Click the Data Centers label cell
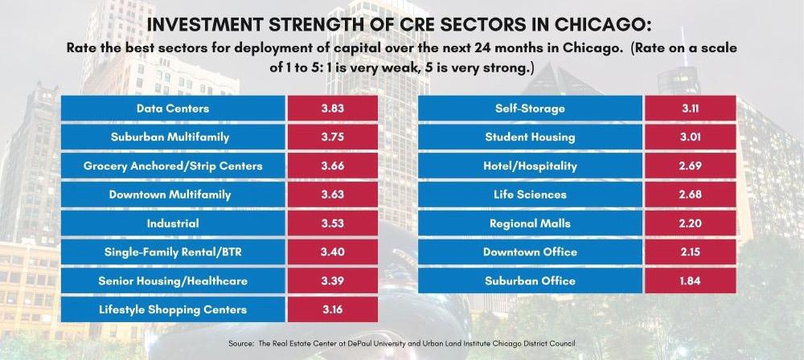click(x=173, y=108)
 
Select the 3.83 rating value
click(x=331, y=108)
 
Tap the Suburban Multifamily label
click(x=173, y=137)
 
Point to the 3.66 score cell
click(x=331, y=166)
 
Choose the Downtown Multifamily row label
click(x=173, y=194)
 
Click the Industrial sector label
click(x=173, y=223)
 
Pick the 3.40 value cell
click(x=331, y=252)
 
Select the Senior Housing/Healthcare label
click(x=173, y=280)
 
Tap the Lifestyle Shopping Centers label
click(x=173, y=309)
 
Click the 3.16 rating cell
click(x=331, y=309)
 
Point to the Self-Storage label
click(x=530, y=108)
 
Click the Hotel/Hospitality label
click(x=530, y=166)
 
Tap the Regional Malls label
click(x=530, y=223)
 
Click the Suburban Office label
click(x=530, y=280)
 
